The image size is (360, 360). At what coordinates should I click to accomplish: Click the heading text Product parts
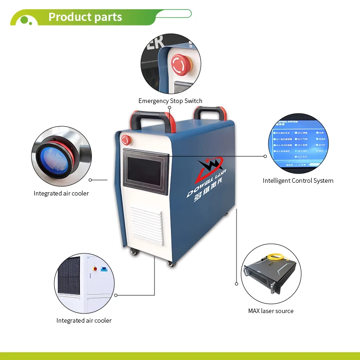[85, 17]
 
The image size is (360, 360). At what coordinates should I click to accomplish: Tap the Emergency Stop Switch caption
[170, 101]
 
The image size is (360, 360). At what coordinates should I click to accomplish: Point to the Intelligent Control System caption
[298, 180]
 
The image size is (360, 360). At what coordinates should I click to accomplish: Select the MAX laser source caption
[271, 311]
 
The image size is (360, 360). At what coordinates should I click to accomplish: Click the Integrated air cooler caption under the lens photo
[61, 193]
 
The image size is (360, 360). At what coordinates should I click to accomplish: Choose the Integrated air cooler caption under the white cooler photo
[84, 320]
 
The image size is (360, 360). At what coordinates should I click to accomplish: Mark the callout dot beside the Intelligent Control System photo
[265, 156]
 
